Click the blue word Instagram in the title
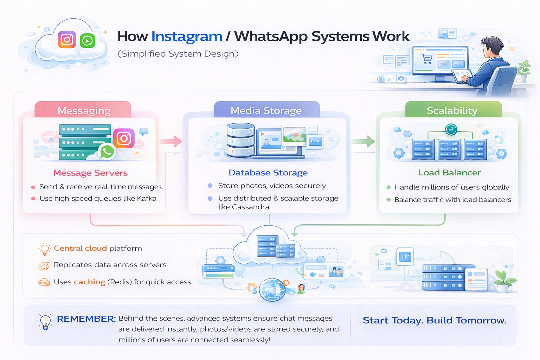click(187, 37)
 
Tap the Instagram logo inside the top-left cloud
click(67, 39)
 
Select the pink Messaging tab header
click(84, 110)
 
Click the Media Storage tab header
click(266, 110)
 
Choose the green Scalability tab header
click(452, 110)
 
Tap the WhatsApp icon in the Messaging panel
click(107, 152)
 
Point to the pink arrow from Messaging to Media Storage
click(171, 141)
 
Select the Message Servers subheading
click(90, 173)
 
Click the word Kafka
click(147, 199)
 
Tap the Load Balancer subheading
click(449, 173)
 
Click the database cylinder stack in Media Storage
click(240, 140)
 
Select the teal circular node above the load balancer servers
click(451, 130)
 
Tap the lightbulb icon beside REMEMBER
click(45, 321)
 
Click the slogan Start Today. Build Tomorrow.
click(435, 321)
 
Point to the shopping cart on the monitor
click(427, 59)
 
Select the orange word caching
click(89, 282)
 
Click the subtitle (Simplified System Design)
click(178, 54)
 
